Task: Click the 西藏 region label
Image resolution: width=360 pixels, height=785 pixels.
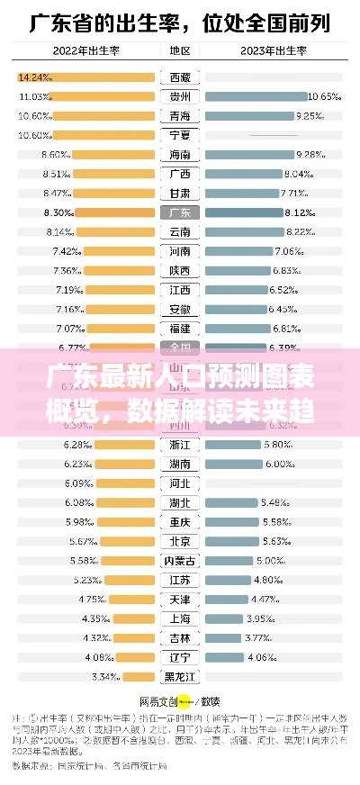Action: click(179, 77)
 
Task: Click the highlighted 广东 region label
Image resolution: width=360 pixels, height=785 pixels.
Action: click(179, 212)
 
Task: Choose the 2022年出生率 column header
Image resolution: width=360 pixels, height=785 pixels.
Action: click(86, 51)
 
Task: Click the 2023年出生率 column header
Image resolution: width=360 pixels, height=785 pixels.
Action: click(272, 51)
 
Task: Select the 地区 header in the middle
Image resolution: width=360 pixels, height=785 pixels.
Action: click(179, 51)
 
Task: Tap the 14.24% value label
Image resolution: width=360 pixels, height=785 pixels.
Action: click(34, 77)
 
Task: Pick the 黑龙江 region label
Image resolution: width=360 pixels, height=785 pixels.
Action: click(179, 677)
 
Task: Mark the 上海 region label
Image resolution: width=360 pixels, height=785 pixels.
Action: click(179, 619)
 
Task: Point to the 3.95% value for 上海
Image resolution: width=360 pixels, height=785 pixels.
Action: click(261, 619)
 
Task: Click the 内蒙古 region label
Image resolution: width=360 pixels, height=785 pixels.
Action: click(179, 561)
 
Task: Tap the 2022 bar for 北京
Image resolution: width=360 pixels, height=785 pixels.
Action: click(128, 542)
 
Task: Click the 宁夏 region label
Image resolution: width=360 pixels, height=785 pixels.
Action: click(179, 135)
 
